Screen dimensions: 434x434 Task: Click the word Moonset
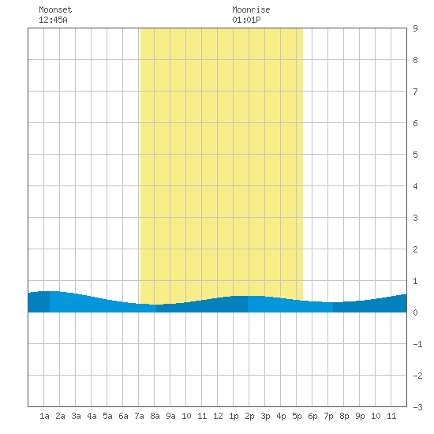[55, 9]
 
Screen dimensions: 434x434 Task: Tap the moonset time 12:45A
[53, 20]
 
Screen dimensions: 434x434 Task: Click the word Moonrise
[251, 9]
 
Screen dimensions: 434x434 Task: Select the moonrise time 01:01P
[246, 20]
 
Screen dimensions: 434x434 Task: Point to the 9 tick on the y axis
[415, 28]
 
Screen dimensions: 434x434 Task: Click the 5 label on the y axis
[415, 155]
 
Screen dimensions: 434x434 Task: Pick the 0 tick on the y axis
[415, 312]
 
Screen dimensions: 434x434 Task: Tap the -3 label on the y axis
[417, 407]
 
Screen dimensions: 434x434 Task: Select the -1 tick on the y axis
[417, 344]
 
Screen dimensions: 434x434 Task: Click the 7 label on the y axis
[415, 92]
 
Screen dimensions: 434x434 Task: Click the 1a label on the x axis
[44, 416]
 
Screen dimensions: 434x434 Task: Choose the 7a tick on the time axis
[139, 416]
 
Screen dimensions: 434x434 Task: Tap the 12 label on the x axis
[218, 416]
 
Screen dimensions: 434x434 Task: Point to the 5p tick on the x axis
[297, 416]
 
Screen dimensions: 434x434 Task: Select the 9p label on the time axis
[360, 416]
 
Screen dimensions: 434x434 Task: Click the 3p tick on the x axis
[265, 416]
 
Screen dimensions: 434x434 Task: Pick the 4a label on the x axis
[92, 416]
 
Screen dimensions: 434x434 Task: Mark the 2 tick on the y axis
[415, 249]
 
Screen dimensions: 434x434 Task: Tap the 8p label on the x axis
[344, 416]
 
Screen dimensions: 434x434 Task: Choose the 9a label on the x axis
[170, 416]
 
